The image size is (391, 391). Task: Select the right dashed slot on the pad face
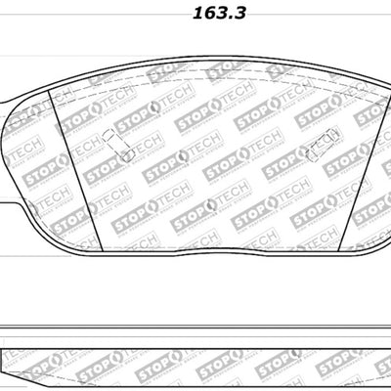coord(319,150)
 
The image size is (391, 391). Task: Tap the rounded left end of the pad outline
coord(7,147)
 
